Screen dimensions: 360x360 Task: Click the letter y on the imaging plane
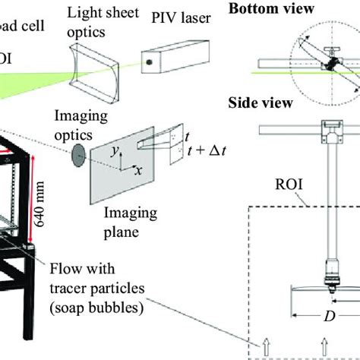(113, 152)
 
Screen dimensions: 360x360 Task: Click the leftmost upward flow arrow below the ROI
(265, 349)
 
